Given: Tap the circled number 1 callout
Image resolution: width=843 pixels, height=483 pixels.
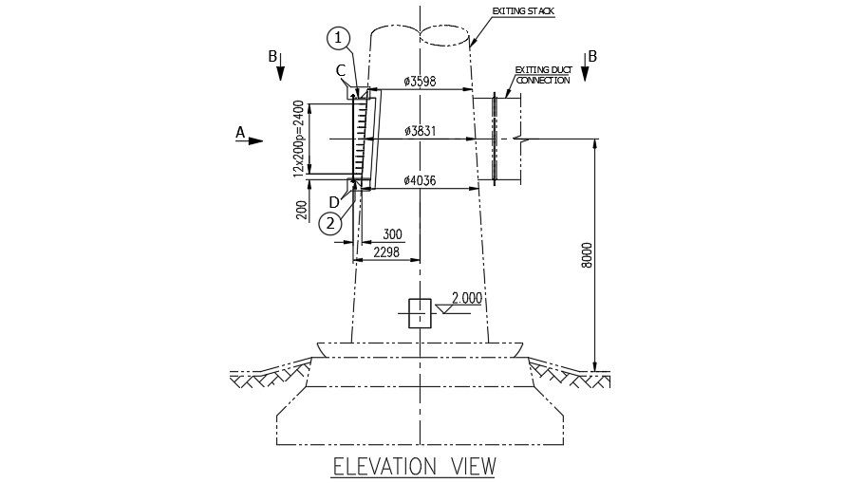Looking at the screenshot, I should coord(339,39).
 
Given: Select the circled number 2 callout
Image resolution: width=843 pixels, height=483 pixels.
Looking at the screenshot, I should coord(329,224).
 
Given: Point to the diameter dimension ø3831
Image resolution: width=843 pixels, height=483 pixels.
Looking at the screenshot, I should coord(419,131).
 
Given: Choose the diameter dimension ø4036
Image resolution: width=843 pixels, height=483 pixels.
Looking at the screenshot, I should coord(419,180).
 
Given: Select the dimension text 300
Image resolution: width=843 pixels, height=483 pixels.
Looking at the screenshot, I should coord(390,234).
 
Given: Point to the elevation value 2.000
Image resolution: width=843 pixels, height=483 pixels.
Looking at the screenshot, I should coord(466,298).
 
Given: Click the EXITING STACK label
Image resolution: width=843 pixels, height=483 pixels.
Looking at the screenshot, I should coord(522,11).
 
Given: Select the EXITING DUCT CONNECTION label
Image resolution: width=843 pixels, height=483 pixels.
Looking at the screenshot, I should coord(542,75).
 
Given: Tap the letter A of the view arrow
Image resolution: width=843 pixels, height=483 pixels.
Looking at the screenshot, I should coord(240,133).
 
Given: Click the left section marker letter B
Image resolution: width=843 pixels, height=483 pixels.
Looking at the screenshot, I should coord(272,57).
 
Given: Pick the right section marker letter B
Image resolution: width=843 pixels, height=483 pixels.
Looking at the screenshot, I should coord(591,57).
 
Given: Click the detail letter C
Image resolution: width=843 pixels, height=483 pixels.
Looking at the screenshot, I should coord(340,70).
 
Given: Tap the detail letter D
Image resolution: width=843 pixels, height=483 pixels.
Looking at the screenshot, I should coord(333,201).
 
